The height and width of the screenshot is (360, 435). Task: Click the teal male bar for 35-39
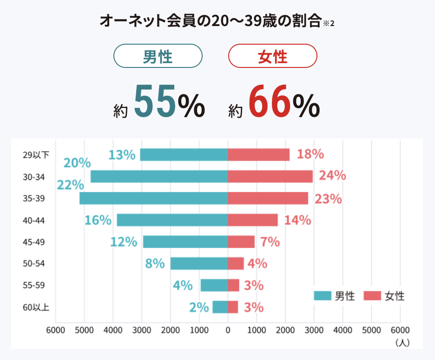coord(153,198)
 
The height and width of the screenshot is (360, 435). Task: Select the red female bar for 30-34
coord(270,176)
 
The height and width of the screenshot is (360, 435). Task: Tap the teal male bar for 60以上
coord(220,307)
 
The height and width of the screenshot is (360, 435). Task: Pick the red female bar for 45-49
coord(241,242)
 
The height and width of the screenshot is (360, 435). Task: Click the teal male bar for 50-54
coord(199,263)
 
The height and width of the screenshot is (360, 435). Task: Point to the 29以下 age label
coord(35,155)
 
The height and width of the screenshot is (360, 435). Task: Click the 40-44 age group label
coord(33,220)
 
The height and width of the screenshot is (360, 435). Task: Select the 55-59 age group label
coord(33,285)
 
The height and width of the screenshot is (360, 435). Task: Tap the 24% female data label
coord(332,175)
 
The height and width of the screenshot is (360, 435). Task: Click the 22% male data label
coord(70,185)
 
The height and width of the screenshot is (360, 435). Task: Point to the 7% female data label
coord(270,242)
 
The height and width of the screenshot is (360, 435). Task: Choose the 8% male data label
coord(155,264)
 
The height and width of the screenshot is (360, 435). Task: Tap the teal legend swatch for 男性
coord(322,296)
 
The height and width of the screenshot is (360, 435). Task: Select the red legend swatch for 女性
coord(372,296)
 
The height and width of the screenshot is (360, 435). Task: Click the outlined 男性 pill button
coord(158,56)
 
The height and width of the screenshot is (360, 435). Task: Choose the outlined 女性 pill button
coord(272,56)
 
